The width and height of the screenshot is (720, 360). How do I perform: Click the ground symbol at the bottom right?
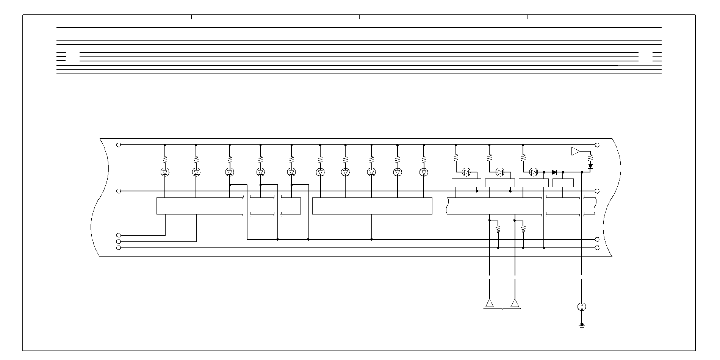582,326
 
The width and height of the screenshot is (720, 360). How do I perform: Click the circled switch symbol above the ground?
582,307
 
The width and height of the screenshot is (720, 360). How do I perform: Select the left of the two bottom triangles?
490,303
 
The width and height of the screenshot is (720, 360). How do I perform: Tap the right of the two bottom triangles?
515,303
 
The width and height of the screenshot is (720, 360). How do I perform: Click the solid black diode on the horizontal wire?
555,172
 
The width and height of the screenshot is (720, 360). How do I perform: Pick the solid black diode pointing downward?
590,166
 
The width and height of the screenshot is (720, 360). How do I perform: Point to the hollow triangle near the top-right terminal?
575,151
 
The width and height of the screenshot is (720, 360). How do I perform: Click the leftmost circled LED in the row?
165,172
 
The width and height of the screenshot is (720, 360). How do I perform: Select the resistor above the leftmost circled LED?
165,160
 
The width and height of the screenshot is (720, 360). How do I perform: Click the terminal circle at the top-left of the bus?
119,145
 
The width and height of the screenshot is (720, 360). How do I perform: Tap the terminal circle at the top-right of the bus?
597,145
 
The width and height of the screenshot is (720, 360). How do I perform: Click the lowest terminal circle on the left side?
119,248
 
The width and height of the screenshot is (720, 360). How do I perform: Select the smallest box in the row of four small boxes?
563,183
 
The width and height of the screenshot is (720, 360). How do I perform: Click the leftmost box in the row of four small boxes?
466,183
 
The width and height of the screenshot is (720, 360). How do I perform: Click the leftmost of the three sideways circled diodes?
466,172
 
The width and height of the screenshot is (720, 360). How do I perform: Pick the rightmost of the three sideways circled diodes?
534,172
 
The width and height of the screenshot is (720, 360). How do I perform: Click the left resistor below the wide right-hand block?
498,229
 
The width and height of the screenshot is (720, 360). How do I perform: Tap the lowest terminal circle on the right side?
597,248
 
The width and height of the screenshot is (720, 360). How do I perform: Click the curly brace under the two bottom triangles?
502,309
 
